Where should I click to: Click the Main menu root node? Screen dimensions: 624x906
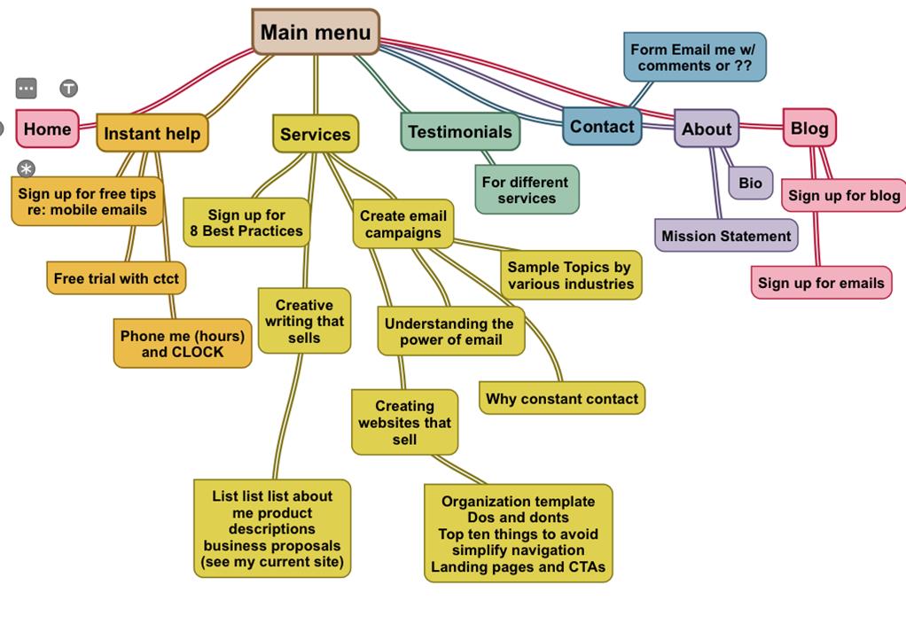[x=316, y=33]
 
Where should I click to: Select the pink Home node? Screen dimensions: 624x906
[x=47, y=129]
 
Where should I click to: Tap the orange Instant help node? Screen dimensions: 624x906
[x=152, y=133]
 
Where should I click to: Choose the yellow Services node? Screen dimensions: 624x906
[x=315, y=134]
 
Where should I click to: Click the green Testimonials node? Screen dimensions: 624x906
[x=459, y=132]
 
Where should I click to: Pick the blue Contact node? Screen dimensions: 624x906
[x=601, y=126]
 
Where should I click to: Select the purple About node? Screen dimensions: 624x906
[x=706, y=129]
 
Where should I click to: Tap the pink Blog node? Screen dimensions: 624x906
[x=808, y=128]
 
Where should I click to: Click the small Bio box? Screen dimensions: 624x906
[x=750, y=183]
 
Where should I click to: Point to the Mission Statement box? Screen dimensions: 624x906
[x=726, y=236]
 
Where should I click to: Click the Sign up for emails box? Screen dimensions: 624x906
[x=821, y=284]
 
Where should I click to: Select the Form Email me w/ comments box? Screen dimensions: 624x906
[x=694, y=58]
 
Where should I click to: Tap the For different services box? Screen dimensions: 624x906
[x=526, y=190]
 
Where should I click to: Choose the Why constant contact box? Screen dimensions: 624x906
[x=562, y=399]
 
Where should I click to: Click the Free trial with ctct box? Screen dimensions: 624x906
[x=116, y=278]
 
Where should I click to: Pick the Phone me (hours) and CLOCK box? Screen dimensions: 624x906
[x=183, y=343]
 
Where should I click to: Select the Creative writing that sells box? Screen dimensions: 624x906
[x=304, y=321]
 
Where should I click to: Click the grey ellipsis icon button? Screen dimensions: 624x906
[x=27, y=89]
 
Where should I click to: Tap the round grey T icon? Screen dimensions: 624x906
[x=68, y=89]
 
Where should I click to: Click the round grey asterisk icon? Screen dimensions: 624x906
[x=27, y=168]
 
